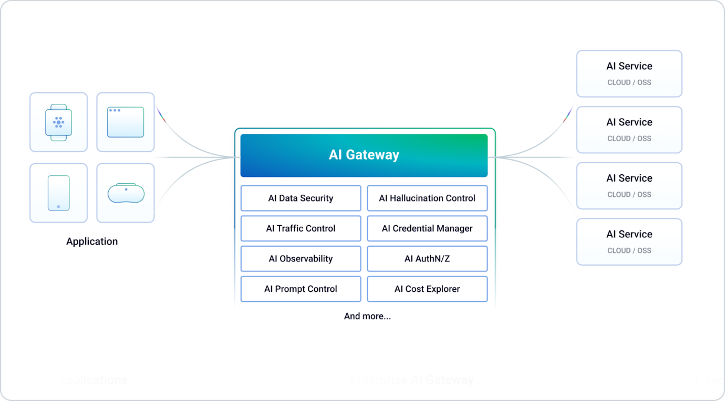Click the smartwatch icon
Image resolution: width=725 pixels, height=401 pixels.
[x=58, y=122]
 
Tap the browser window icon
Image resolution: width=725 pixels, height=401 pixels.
[x=126, y=122]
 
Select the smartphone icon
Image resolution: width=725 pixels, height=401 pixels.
[x=58, y=193]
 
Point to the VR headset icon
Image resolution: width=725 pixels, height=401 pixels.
[x=126, y=193]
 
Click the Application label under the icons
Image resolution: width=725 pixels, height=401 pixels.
[x=92, y=241]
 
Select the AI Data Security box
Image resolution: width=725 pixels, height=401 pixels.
[x=301, y=198]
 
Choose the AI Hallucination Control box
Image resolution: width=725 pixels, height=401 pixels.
[x=427, y=198]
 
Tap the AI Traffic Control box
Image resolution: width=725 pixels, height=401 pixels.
[x=301, y=228]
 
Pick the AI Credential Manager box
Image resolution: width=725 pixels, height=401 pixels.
[x=427, y=228]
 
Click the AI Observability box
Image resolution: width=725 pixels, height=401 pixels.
[x=301, y=259]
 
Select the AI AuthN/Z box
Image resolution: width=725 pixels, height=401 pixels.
[x=427, y=259]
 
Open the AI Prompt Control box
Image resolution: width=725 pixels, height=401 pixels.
[x=301, y=289]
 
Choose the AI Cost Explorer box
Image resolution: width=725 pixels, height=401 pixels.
[x=427, y=289]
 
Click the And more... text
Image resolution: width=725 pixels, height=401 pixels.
[x=367, y=316]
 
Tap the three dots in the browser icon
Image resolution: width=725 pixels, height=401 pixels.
[x=114, y=110]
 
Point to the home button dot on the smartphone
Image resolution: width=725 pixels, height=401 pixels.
[x=58, y=207]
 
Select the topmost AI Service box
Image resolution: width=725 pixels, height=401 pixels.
[x=629, y=73]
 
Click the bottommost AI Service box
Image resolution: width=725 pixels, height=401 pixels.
[x=629, y=241]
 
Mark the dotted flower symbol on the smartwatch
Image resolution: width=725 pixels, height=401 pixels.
[x=58, y=122]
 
